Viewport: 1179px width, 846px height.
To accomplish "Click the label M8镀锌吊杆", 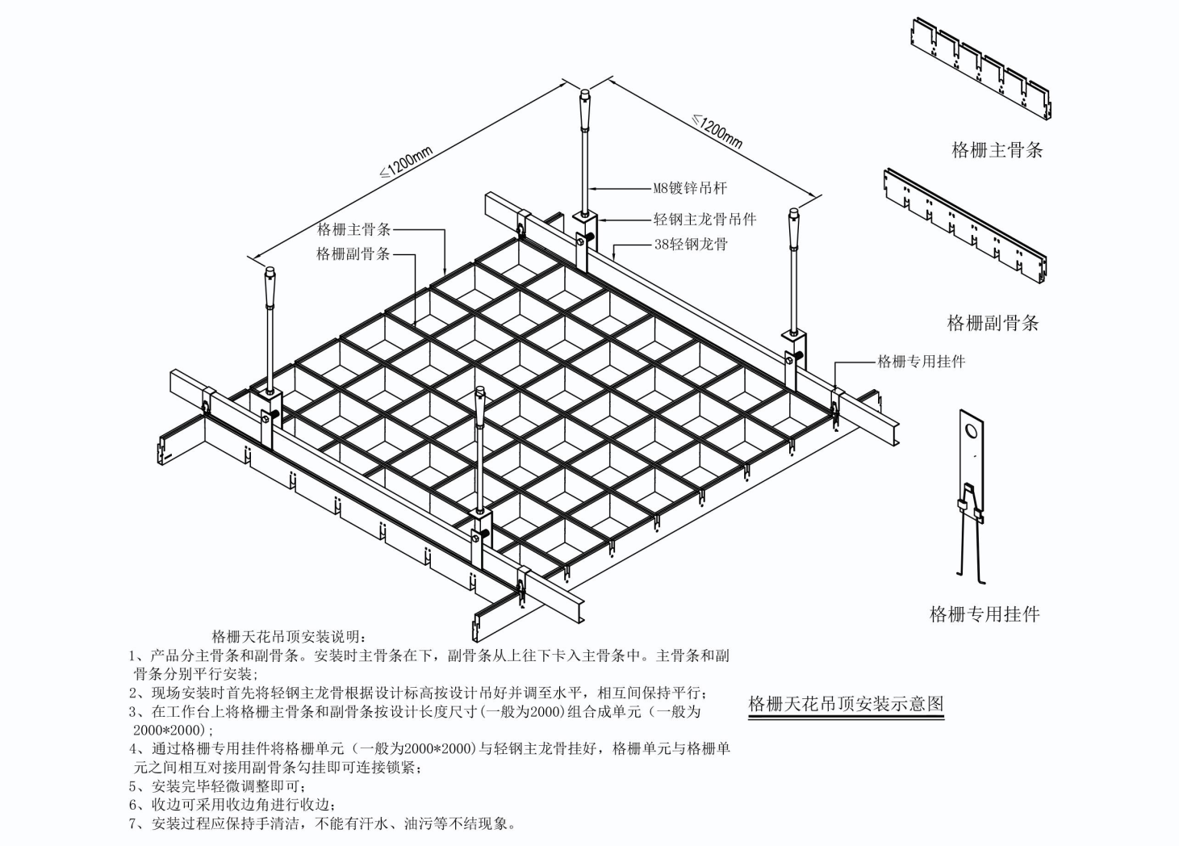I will (690, 188).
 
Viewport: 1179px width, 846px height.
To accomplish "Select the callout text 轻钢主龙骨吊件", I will (704, 219).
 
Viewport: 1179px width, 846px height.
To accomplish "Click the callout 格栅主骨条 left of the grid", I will (353, 229).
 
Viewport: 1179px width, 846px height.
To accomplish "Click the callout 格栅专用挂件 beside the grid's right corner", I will (921, 362).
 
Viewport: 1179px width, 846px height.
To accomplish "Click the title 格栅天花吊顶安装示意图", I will (846, 703).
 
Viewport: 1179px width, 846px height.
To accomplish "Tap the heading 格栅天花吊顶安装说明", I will (288, 636).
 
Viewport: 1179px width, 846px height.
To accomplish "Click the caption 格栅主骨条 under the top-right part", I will (997, 150).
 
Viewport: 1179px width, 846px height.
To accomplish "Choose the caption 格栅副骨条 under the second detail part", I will (993, 324).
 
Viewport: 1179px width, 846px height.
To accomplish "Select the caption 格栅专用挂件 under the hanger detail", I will (985, 614).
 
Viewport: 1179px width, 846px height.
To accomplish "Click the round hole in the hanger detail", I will (972, 432).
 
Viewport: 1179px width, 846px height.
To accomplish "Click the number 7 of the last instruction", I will (134, 824).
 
